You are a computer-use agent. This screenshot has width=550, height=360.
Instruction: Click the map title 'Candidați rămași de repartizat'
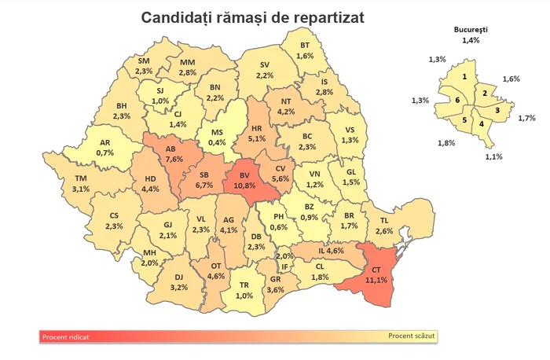click(251, 17)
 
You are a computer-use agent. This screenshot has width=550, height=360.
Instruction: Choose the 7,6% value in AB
click(174, 158)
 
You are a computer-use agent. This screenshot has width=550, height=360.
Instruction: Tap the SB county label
click(203, 174)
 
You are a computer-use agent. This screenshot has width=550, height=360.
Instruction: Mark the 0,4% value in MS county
click(217, 142)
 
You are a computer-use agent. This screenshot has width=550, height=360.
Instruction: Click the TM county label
click(81, 178)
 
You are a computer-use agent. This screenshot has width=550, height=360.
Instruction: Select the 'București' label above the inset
click(471, 30)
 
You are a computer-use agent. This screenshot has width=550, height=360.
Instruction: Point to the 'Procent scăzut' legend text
click(411, 336)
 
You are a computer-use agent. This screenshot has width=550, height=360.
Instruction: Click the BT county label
click(306, 46)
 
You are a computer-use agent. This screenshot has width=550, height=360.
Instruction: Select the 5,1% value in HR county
click(256, 139)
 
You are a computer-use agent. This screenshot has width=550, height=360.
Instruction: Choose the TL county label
click(384, 221)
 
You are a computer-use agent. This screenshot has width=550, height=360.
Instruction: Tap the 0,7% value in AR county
click(105, 152)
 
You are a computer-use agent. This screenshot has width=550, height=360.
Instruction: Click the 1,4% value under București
click(471, 39)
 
